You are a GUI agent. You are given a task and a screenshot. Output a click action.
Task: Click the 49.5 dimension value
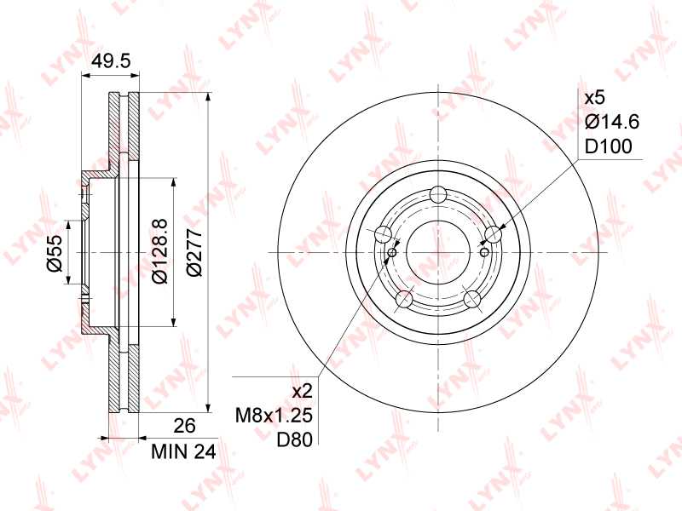[110, 60]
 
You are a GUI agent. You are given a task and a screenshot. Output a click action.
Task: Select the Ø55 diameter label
[54, 254]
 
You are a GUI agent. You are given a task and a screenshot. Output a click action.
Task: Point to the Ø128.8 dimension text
[158, 253]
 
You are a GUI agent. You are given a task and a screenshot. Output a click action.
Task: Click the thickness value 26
[185, 425]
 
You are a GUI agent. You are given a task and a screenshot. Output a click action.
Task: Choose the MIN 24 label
[182, 451]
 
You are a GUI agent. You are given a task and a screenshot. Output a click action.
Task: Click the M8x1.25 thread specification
[275, 416]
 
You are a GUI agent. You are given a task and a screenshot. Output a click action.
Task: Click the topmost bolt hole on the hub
[439, 193]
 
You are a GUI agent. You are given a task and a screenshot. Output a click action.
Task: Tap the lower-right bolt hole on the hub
[473, 299]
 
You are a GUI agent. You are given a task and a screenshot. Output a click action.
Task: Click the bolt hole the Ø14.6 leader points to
[494, 233]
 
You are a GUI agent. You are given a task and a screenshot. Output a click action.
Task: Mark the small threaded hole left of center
[393, 252]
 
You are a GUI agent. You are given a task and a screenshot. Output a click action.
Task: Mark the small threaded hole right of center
[484, 252]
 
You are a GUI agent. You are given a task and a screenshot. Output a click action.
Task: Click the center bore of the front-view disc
[438, 252]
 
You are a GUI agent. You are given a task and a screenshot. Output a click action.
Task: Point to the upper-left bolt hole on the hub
[383, 234]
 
